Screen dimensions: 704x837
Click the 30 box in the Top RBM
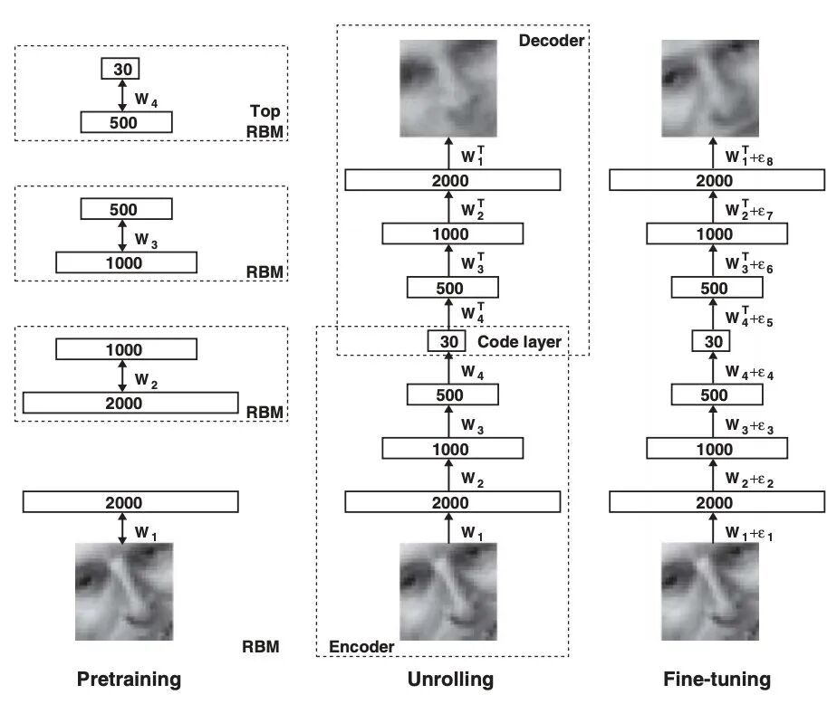[x=122, y=69]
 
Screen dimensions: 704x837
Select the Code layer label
[x=519, y=342]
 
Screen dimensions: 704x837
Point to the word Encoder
[x=361, y=646]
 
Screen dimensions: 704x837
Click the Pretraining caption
[x=129, y=680]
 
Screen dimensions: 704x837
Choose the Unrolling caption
[x=450, y=680]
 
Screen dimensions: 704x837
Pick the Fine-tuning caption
[x=717, y=680]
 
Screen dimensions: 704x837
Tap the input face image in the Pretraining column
[x=123, y=591]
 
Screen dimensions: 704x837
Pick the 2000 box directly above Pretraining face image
[x=130, y=501]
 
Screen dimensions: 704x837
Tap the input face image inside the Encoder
[x=449, y=591]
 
